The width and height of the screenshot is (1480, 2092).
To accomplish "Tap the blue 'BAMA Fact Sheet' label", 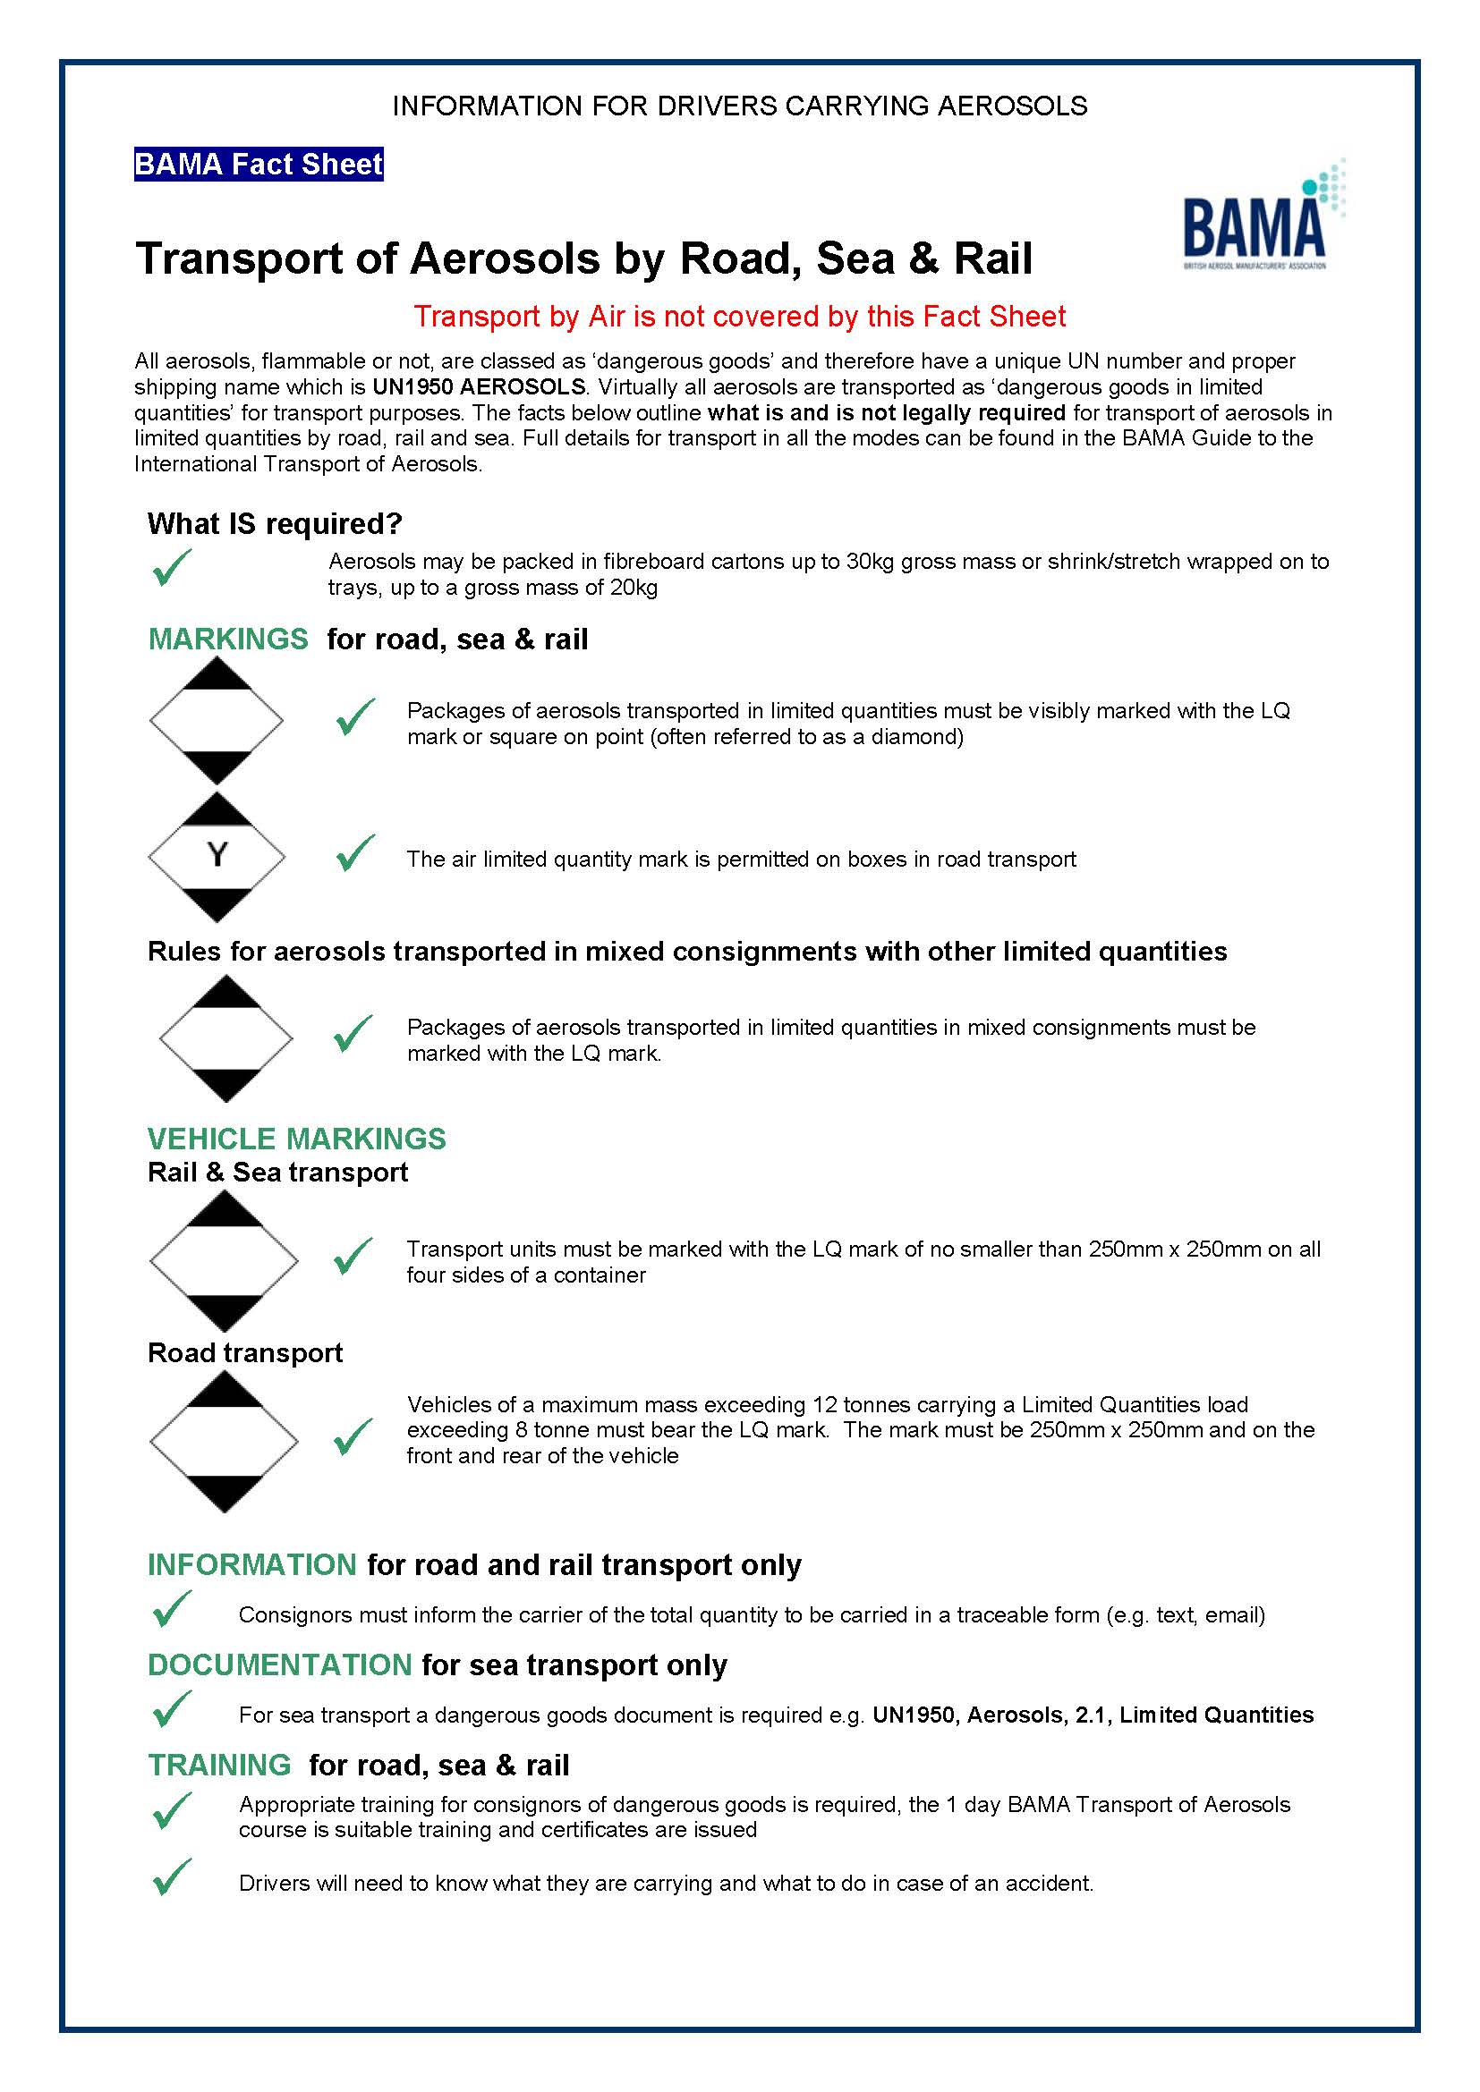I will pos(258,165).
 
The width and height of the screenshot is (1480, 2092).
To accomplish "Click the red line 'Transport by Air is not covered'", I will pos(739,316).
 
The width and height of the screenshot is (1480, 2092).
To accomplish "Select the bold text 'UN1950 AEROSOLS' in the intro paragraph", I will pos(479,387).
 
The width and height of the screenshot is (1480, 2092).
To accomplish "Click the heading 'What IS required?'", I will pos(275,524).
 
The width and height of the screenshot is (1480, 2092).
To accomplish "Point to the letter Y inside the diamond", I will pos(216,856).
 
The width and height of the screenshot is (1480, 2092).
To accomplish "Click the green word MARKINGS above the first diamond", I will pos(228,639).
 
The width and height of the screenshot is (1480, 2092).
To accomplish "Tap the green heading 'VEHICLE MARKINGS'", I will pos(296,1139).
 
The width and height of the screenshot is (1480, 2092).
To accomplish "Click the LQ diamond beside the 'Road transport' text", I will pos(224,1443).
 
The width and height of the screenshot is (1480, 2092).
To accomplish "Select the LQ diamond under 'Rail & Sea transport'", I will pos(224,1262).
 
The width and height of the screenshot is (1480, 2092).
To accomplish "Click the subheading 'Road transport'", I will pos(244,1353).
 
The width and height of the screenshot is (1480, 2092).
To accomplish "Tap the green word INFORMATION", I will pos(251,1565).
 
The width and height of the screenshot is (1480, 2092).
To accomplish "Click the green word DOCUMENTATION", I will pos(279,1665).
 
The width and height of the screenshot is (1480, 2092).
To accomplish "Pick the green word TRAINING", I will pos(218,1766).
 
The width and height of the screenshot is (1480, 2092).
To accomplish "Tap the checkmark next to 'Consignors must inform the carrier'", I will pos(171,1609).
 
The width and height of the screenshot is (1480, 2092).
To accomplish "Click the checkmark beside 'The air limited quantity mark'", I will pos(354,854).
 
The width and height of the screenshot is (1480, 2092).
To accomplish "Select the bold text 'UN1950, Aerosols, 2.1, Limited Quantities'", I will pos(1093,1715).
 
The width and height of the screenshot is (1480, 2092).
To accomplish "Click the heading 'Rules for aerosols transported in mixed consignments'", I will pos(686,952).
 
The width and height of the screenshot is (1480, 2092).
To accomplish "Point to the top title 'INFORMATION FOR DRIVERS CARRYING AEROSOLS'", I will pos(739,106).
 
